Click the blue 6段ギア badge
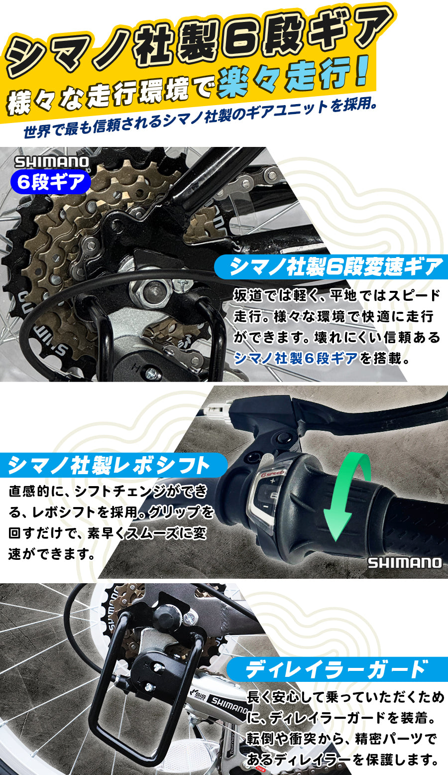[51, 182]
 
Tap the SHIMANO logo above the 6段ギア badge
[52, 162]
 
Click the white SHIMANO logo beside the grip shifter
[405, 563]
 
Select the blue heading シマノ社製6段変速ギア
[336, 267]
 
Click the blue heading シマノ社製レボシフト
[110, 466]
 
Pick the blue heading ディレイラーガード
[336, 669]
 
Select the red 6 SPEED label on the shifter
[273, 474]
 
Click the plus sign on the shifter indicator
[272, 482]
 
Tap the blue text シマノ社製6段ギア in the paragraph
[296, 358]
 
